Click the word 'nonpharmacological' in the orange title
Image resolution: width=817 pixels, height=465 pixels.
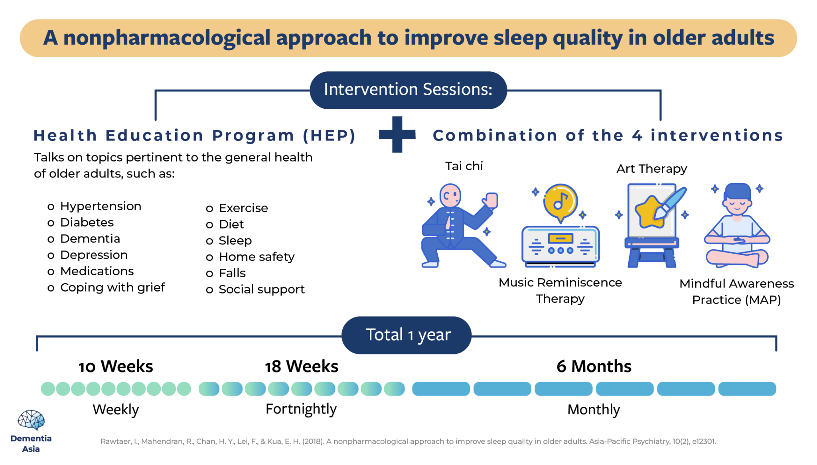click(167, 38)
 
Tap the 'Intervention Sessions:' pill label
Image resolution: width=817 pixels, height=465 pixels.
click(408, 90)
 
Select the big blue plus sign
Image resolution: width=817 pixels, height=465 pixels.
click(397, 135)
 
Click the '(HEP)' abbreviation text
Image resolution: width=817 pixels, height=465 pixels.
click(329, 136)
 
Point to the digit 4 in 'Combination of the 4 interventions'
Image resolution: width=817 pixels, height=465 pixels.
click(637, 136)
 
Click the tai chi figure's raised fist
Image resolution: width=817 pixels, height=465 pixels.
click(491, 200)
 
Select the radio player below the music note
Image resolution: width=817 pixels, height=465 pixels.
click(560, 246)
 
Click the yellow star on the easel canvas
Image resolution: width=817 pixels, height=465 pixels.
click(649, 212)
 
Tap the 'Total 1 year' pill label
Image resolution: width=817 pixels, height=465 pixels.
click(407, 335)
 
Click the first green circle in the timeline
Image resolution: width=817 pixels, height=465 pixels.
click(48, 388)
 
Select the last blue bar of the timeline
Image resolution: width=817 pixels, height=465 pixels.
click(747, 388)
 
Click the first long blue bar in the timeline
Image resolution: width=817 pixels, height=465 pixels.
click(441, 388)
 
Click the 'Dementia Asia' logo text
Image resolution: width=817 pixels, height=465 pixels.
click(31, 443)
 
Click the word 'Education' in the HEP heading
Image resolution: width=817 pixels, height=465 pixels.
click(154, 136)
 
